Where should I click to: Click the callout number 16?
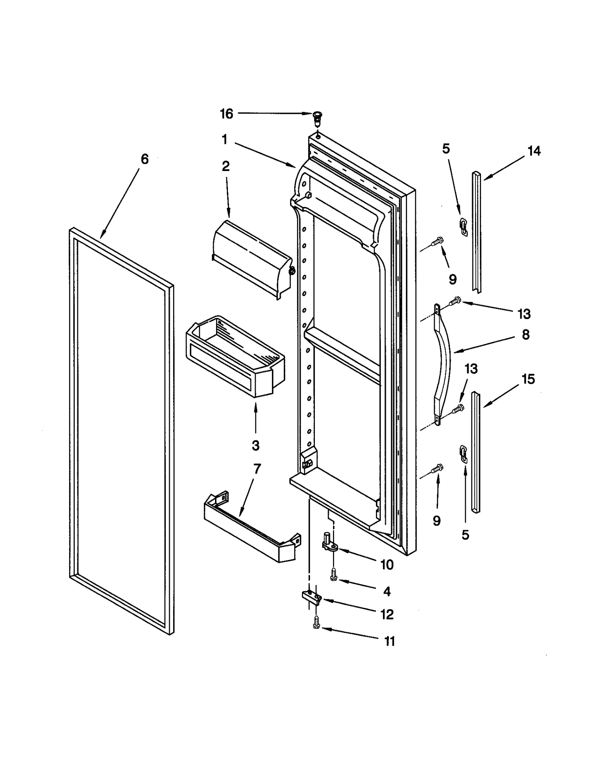[x=226, y=114]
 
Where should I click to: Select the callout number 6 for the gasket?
[x=145, y=160]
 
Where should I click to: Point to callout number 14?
[x=534, y=151]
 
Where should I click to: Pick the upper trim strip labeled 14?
[x=477, y=231]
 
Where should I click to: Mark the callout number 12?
[x=387, y=614]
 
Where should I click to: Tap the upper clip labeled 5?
[x=463, y=227]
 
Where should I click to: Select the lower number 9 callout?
[x=437, y=521]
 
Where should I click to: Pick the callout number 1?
[x=225, y=140]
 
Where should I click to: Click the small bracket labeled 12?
[x=311, y=597]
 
